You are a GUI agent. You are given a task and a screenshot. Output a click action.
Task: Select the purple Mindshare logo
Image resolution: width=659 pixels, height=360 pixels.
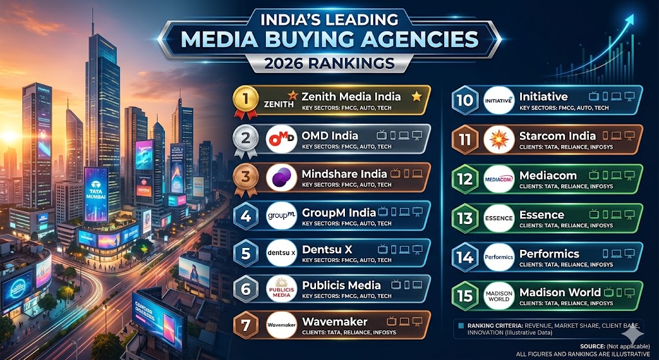click(x=281, y=177)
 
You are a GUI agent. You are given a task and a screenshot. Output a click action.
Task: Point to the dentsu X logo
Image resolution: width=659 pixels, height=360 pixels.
click(x=281, y=252)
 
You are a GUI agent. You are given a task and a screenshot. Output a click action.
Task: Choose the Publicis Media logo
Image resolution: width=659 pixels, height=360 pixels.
click(x=281, y=289)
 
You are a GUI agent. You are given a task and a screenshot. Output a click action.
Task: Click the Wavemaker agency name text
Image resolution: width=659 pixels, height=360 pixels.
click(x=335, y=321)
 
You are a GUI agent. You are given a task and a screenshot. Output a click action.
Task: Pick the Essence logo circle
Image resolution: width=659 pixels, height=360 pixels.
click(x=499, y=218)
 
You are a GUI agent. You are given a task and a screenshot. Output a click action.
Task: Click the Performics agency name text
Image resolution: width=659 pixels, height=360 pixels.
click(x=549, y=254)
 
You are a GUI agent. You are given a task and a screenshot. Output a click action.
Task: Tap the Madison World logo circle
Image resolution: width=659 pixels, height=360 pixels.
click(x=499, y=296)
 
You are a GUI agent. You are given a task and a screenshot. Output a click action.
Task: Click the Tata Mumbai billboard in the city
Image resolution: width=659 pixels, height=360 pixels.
click(x=96, y=193)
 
